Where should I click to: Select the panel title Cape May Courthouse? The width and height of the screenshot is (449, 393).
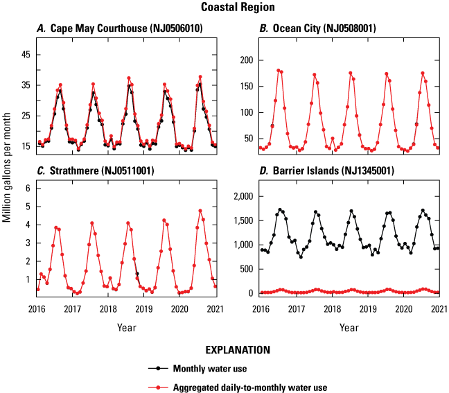pyautogui.click(x=110, y=28)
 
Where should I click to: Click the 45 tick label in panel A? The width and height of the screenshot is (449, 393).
pyautogui.click(x=24, y=54)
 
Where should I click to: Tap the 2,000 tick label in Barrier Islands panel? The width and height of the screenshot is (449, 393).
pyautogui.click(x=242, y=198)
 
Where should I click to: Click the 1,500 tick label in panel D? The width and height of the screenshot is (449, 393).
pyautogui.click(x=242, y=221)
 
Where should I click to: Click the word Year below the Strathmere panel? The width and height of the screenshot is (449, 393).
pyautogui.click(x=126, y=326)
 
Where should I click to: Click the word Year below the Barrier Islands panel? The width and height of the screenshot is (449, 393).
pyautogui.click(x=350, y=326)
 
